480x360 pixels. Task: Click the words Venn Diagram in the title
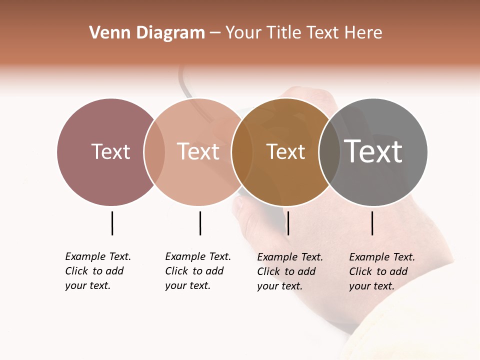click(147, 33)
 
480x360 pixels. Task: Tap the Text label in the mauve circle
click(110, 151)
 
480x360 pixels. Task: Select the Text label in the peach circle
click(198, 151)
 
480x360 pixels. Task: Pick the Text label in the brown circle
click(285, 151)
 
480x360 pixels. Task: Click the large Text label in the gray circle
click(373, 151)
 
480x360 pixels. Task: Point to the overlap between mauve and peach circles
click(154, 152)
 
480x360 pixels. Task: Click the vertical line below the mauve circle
click(112, 223)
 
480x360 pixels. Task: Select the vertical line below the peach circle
click(200, 223)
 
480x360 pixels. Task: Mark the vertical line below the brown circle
click(288, 223)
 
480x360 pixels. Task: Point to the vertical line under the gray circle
click(372, 223)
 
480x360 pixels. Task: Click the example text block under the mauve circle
click(97, 271)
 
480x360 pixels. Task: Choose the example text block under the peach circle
click(197, 271)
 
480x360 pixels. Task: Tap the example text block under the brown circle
click(289, 271)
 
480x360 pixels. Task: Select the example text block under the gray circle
click(381, 271)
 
